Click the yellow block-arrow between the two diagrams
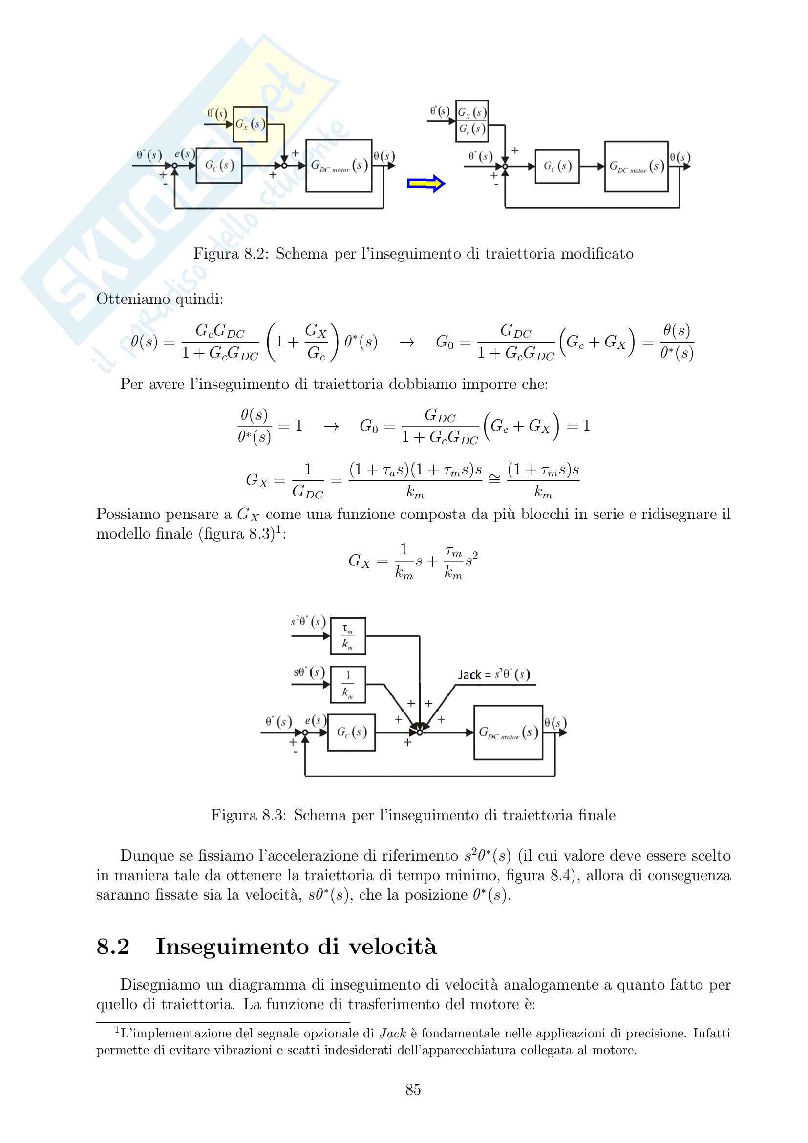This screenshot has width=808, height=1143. (x=426, y=184)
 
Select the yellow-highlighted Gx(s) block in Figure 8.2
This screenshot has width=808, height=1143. (x=250, y=124)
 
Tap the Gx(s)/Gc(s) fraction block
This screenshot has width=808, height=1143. (x=472, y=121)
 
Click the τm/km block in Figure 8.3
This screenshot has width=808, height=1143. (x=348, y=636)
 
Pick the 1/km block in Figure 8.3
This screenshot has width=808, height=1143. (x=348, y=684)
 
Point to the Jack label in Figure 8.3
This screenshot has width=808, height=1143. (x=469, y=675)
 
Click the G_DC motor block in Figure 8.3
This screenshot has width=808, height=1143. (x=508, y=733)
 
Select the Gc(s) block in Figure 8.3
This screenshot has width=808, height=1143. (x=351, y=733)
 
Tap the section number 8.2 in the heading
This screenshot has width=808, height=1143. (x=113, y=947)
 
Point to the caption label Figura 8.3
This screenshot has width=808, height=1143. (x=248, y=815)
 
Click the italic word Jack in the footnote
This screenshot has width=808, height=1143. (x=393, y=1034)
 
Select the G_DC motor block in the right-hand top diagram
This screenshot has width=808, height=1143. (x=636, y=166)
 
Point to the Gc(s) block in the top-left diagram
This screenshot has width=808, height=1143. (x=219, y=165)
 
